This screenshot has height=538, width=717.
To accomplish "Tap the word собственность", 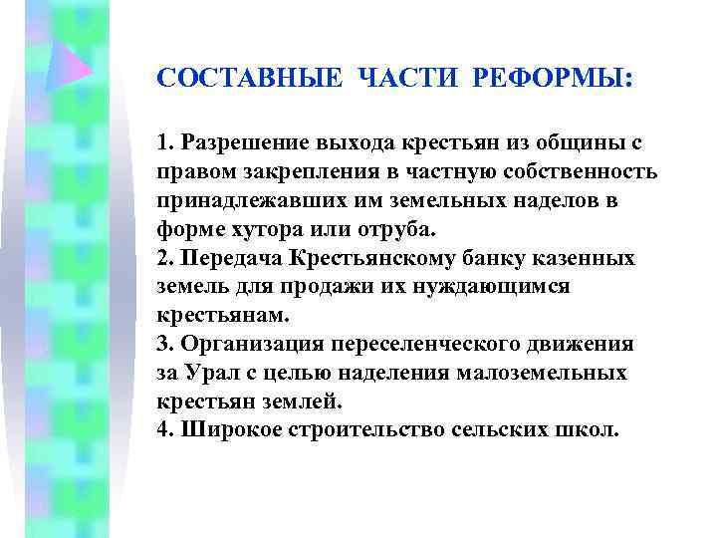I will point(584,172).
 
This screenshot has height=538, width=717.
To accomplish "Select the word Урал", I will point(213,374).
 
